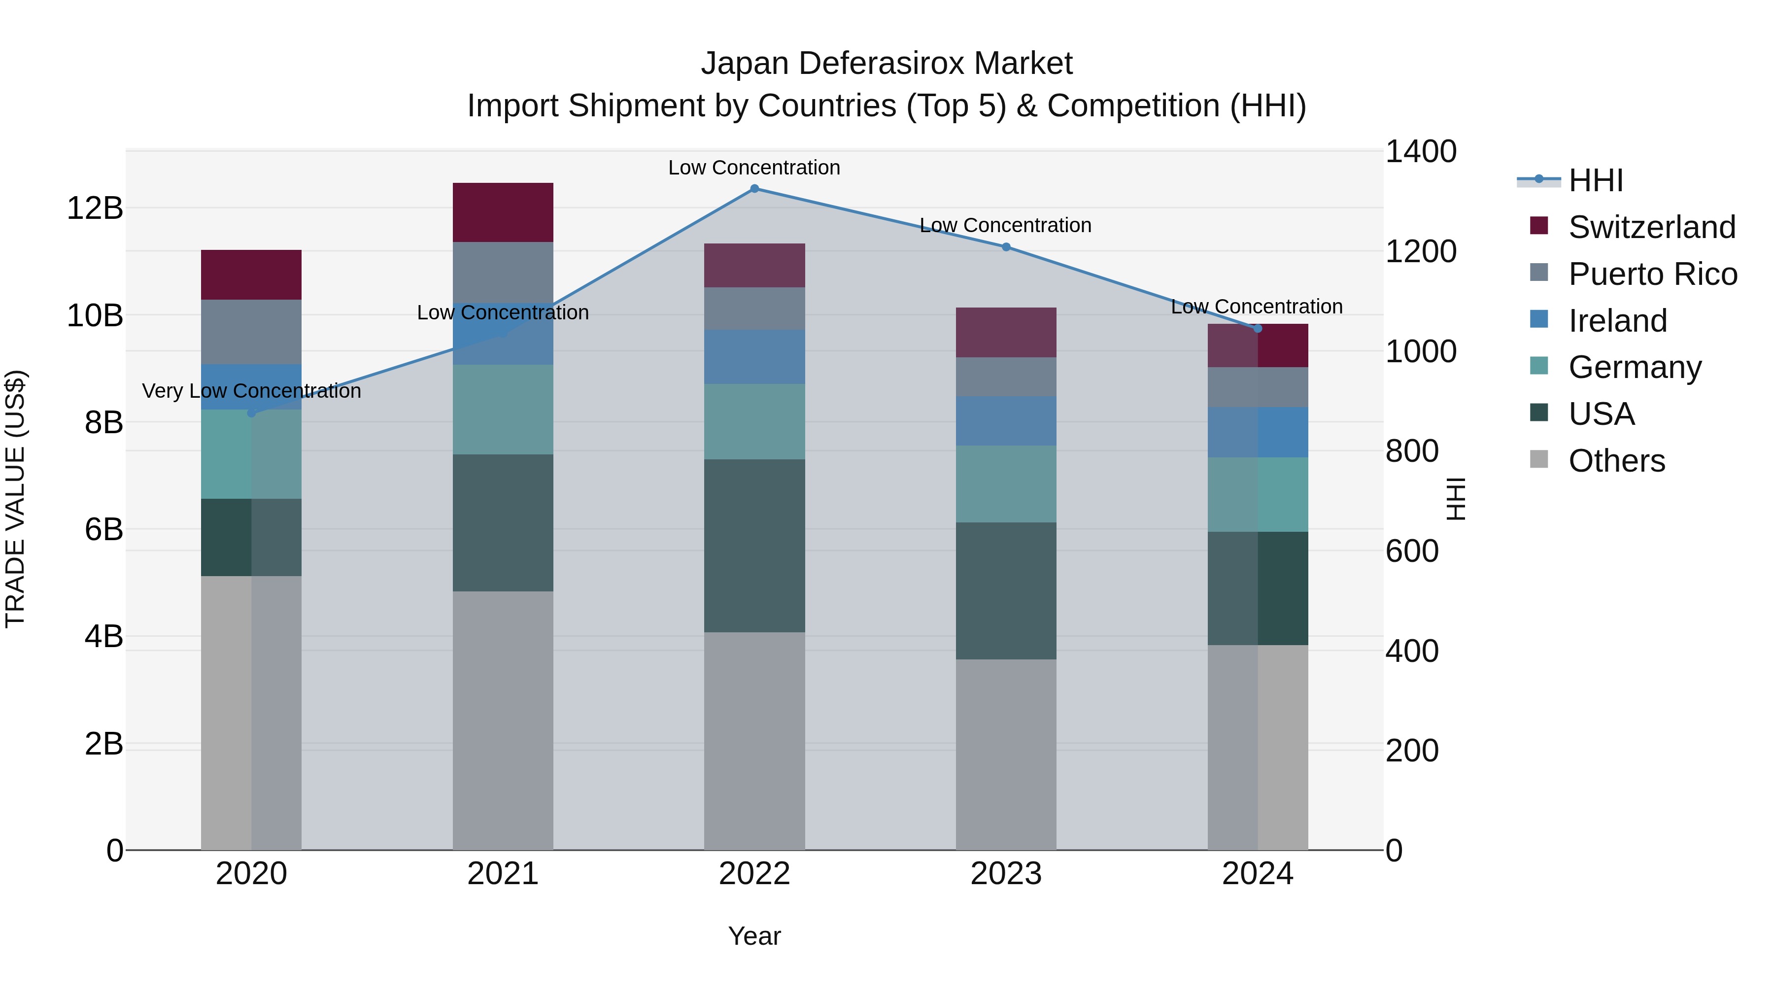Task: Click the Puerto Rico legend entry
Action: click(x=1653, y=274)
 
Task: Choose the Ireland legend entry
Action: click(x=1618, y=321)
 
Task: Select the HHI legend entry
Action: click(x=1596, y=180)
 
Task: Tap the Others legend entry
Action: click(x=1616, y=461)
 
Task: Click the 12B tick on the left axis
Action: click(x=94, y=208)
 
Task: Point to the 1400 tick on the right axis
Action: click(x=1420, y=151)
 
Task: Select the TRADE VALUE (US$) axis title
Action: click(x=15, y=499)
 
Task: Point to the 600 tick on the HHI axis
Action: click(x=1411, y=551)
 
